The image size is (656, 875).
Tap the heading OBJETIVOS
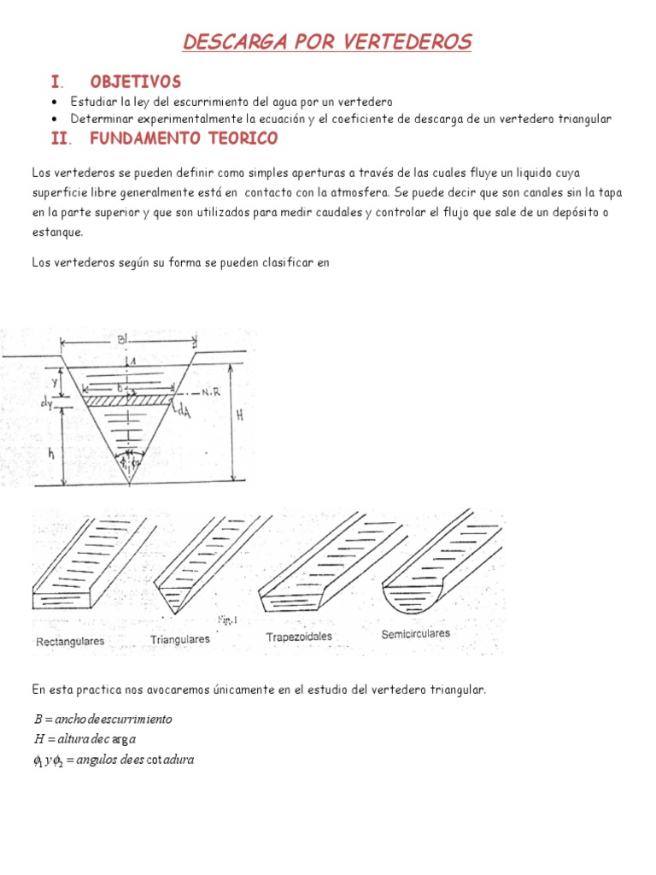click(135, 82)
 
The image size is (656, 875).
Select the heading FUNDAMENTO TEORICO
click(184, 138)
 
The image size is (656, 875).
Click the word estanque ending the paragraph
click(56, 231)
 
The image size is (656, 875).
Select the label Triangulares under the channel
click(180, 639)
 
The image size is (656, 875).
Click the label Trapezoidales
click(299, 637)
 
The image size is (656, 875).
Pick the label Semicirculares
click(415, 634)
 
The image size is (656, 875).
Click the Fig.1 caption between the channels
click(227, 619)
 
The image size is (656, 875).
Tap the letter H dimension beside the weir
click(239, 414)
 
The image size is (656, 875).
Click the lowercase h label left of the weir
click(52, 454)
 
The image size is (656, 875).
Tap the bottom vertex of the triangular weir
click(129, 484)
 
